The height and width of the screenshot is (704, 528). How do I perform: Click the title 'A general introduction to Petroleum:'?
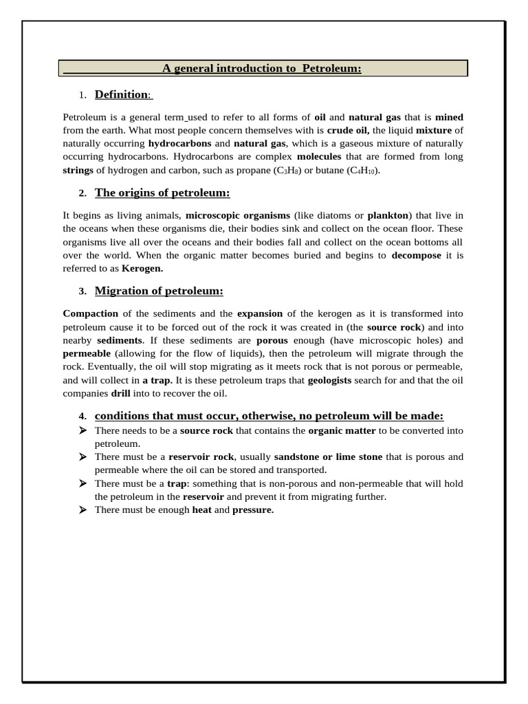click(x=261, y=68)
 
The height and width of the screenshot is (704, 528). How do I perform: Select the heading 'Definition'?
click(x=122, y=94)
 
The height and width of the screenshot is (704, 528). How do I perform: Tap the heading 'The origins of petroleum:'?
click(x=162, y=192)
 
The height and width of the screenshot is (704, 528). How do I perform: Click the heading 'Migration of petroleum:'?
click(x=159, y=291)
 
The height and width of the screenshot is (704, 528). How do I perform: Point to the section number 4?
click(x=82, y=417)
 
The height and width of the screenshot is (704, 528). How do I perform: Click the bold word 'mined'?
click(x=450, y=117)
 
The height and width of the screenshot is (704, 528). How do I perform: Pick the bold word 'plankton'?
click(x=388, y=215)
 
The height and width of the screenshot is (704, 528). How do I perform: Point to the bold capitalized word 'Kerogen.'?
click(x=142, y=268)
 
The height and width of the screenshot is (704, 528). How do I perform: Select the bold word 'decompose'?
click(x=417, y=255)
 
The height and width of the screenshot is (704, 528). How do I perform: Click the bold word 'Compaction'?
click(x=91, y=313)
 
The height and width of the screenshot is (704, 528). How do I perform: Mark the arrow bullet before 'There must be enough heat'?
click(x=82, y=509)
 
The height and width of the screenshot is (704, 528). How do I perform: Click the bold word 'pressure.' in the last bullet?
click(x=253, y=509)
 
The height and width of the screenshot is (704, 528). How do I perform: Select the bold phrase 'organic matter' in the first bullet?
click(x=342, y=430)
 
